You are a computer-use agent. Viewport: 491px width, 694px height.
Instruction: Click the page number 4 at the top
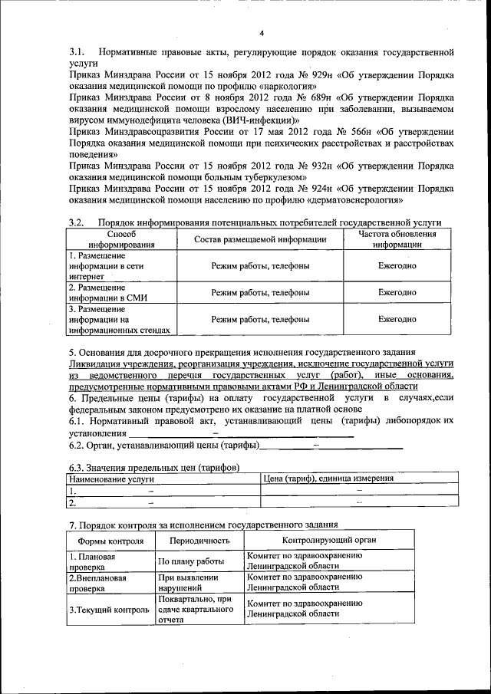[x=261, y=33]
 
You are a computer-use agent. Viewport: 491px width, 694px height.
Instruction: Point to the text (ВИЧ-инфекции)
[x=258, y=120]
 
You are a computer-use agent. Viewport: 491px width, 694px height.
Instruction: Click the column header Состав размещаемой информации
[x=260, y=239]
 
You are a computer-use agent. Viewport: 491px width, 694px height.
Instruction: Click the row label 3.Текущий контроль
[x=109, y=610]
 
